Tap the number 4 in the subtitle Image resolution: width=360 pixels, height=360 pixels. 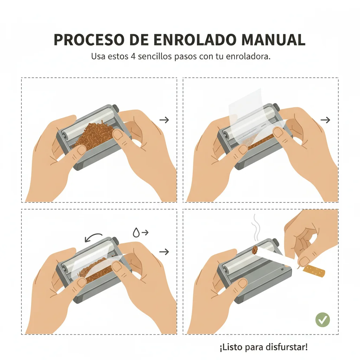pyautogui.click(x=142, y=56)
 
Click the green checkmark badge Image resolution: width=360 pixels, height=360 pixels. pyautogui.click(x=322, y=320)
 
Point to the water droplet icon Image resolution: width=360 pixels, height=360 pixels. pyautogui.click(x=136, y=232)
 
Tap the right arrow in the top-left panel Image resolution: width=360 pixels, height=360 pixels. pyautogui.click(x=164, y=120)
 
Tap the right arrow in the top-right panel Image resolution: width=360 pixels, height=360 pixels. pyautogui.click(x=326, y=120)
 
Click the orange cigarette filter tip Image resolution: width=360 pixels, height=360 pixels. pyautogui.click(x=314, y=271)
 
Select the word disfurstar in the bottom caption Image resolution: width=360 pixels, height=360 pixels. pyautogui.click(x=289, y=348)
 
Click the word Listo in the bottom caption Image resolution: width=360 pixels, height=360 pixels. pyautogui.click(x=231, y=348)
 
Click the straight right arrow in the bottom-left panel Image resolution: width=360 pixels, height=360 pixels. pyautogui.click(x=164, y=252)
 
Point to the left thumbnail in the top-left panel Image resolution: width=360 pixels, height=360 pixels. pyautogui.click(x=82, y=150)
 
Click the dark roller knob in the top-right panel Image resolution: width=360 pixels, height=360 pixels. pyautogui.click(x=277, y=107)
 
